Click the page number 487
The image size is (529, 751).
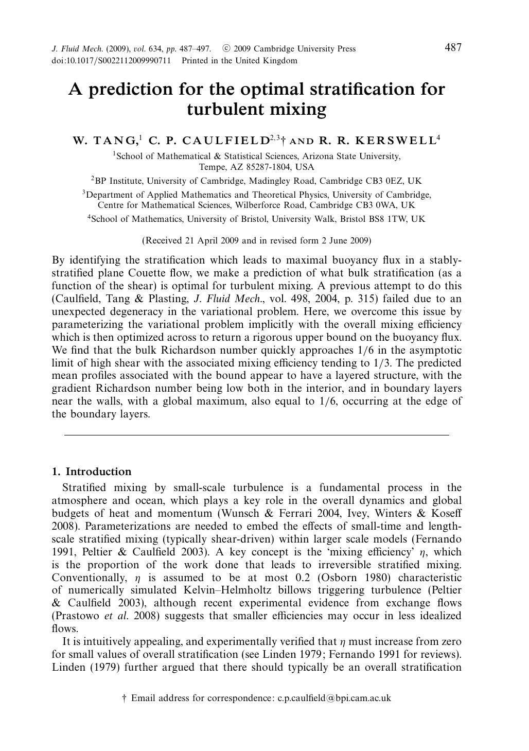[x=453, y=48]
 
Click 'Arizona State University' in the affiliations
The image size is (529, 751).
[x=351, y=156]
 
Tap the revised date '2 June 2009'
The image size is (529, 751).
[x=345, y=240]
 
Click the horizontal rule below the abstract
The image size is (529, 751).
[x=256, y=435]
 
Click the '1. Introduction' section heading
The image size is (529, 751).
[x=92, y=471]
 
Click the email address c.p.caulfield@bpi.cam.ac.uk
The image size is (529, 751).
[x=334, y=698]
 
